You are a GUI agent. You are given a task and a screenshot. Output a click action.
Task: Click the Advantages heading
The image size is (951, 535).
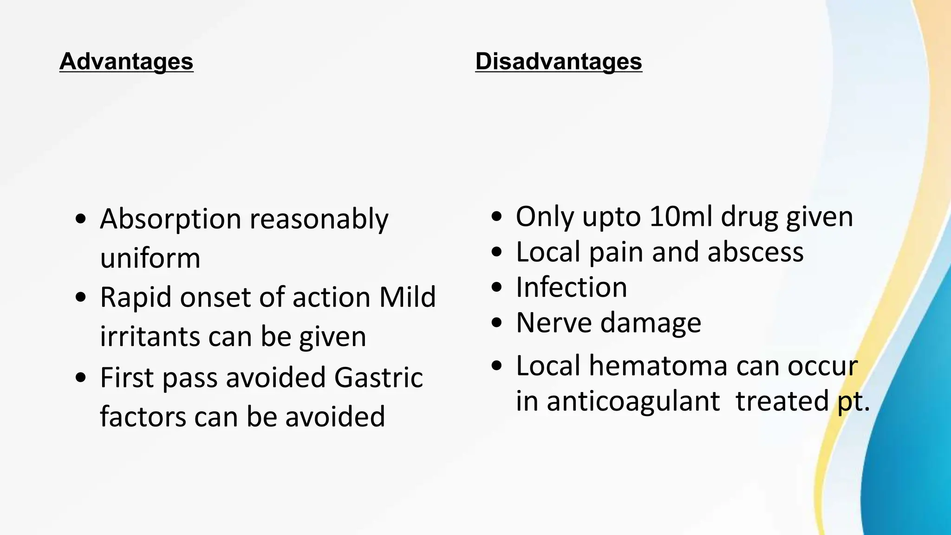point(126,62)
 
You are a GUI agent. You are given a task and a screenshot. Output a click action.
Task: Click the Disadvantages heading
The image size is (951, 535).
point(559,62)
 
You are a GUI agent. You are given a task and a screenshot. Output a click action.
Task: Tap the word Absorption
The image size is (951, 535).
point(170,219)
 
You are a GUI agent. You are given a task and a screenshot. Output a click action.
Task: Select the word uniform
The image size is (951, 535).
point(150,258)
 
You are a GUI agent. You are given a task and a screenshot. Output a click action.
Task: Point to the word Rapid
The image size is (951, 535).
point(136,297)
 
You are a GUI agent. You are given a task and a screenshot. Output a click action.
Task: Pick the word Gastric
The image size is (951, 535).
point(378,377)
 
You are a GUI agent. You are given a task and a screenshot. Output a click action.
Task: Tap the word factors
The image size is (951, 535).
point(142,416)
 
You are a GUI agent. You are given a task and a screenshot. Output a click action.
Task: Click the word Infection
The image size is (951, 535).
point(571,287)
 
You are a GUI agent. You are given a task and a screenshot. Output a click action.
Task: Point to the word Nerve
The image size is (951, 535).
point(554,322)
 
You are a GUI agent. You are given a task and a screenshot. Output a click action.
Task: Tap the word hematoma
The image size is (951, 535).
point(658,365)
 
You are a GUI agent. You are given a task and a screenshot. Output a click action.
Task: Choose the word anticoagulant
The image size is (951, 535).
point(633,401)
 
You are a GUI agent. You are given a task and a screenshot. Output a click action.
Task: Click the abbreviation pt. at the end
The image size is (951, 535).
point(853,402)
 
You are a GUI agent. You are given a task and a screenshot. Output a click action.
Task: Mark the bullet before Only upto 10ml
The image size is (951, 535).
point(497,216)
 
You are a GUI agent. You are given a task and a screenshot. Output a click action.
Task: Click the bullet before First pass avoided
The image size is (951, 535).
point(81,377)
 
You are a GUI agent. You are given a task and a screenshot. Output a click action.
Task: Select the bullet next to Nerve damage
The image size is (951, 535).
point(497,322)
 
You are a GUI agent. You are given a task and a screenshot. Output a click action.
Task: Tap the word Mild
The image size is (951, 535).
point(407,297)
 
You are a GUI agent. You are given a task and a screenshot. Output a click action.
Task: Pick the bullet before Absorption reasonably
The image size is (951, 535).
point(81,219)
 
